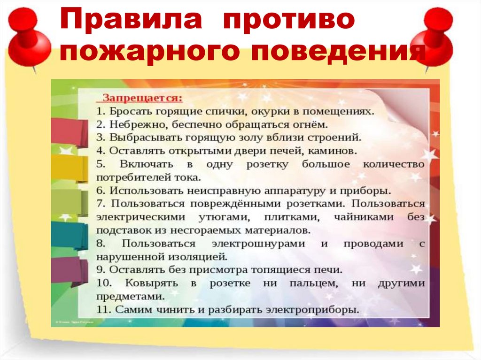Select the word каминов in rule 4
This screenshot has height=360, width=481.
[335, 152]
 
